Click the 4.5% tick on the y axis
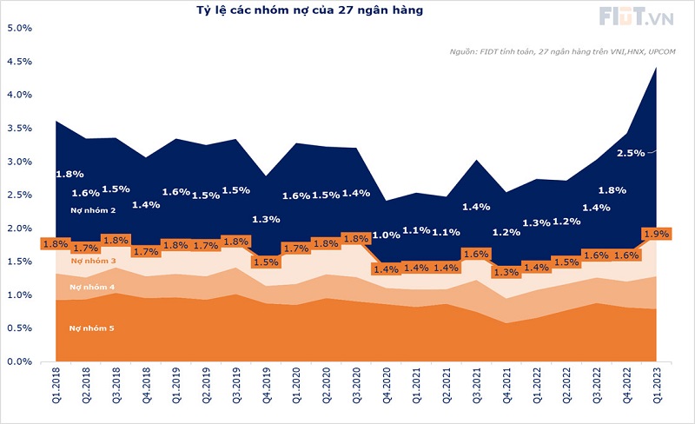[19, 62]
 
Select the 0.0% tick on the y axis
[19, 361]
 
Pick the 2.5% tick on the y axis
[19, 195]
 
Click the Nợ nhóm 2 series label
[92, 210]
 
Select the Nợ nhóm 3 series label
[92, 261]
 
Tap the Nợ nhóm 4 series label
[92, 287]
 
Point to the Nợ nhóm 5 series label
[92, 328]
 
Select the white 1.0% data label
[386, 235]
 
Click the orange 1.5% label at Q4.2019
[267, 262]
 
